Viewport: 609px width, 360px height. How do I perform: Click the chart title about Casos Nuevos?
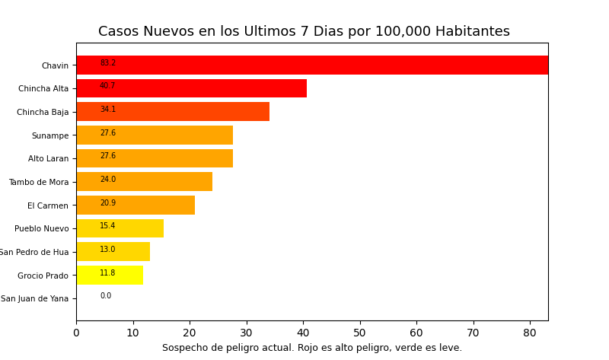[304, 32]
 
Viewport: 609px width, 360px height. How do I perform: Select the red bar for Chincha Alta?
[191, 88]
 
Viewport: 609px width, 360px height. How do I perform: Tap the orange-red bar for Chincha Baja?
[173, 112]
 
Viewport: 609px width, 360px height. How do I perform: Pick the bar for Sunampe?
[155, 135]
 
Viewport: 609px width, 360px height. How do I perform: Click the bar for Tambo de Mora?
[144, 182]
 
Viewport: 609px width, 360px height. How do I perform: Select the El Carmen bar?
[136, 205]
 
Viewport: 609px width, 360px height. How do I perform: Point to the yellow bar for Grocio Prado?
[110, 275]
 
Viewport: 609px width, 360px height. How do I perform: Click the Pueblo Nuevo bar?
[120, 228]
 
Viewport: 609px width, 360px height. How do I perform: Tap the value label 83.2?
[108, 63]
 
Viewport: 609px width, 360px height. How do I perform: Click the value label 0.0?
[106, 296]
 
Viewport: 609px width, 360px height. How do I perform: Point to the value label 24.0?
[108, 180]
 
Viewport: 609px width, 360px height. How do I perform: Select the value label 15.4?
[108, 226]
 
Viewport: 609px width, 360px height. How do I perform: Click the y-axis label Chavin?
[55, 66]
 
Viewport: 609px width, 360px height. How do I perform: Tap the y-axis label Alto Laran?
[48, 159]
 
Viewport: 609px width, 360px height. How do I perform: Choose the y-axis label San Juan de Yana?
[34, 299]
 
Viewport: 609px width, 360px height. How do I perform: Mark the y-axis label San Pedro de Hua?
[34, 252]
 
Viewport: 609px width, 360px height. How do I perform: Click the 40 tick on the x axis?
[303, 333]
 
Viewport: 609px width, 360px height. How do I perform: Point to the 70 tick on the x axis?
[473, 333]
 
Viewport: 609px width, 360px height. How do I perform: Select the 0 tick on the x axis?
[76, 333]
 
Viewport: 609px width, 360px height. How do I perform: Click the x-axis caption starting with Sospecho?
[312, 348]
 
